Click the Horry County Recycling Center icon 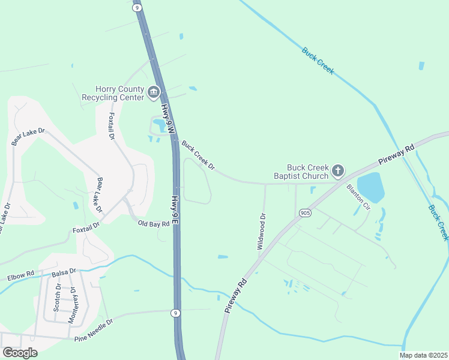click(x=154, y=92)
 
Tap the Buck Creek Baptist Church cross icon click(x=338, y=171)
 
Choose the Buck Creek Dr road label click(x=198, y=155)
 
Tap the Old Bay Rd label click(x=154, y=224)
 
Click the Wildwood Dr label click(x=261, y=231)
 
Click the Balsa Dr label click(x=64, y=272)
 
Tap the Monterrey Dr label click(x=72, y=305)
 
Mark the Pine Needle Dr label click(x=94, y=330)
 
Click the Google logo click(x=20, y=353)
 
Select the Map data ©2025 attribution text click(x=423, y=355)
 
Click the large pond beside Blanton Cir click(x=370, y=187)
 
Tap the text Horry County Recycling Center click(x=113, y=92)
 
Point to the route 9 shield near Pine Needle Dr click(x=174, y=313)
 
